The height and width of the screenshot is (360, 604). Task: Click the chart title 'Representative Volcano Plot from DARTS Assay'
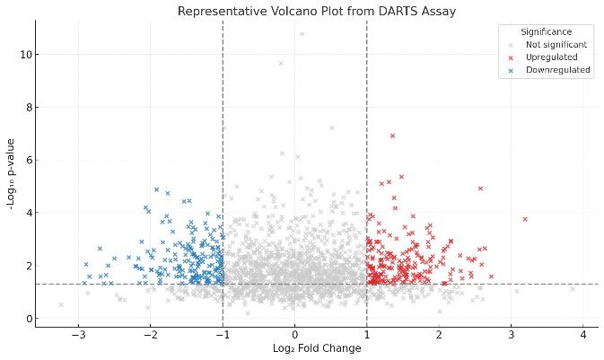(316, 11)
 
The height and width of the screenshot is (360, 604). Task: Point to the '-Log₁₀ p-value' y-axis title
(10, 174)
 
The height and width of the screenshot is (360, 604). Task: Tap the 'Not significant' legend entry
(556, 44)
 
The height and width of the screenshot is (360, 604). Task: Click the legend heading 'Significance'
(546, 31)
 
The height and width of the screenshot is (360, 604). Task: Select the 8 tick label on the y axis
(29, 108)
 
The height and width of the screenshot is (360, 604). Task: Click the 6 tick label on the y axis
(29, 160)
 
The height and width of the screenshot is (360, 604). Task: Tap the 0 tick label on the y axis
(29, 319)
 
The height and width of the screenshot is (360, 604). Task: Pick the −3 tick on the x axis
(79, 335)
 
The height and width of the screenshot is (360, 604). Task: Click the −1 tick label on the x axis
(223, 335)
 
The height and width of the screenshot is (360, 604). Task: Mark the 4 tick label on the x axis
(582, 335)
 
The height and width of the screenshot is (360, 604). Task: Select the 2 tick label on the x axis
(439, 335)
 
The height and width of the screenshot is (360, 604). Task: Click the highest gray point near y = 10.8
(302, 34)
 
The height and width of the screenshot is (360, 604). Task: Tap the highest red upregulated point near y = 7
(392, 136)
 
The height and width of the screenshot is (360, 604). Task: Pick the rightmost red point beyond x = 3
(525, 219)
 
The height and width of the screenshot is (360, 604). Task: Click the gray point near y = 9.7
(281, 63)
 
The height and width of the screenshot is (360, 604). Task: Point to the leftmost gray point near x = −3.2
(61, 305)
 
